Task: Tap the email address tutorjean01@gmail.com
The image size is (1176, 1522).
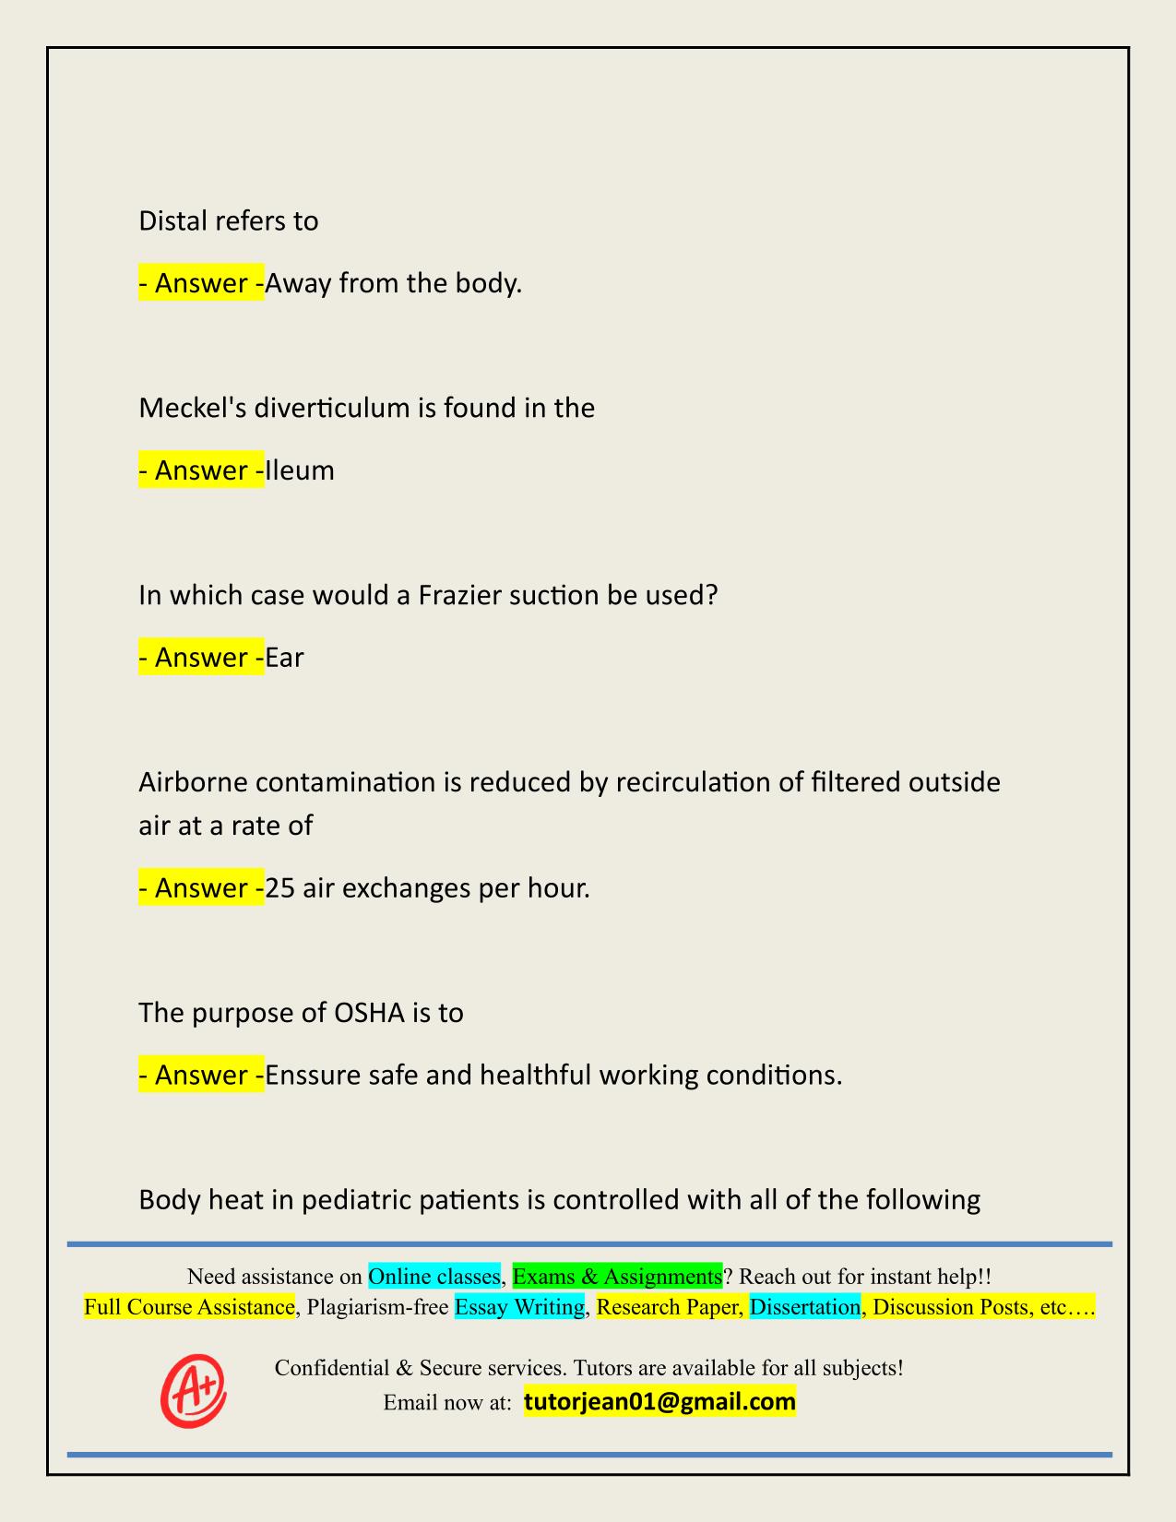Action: tap(659, 1402)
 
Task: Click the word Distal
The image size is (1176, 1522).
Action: tap(172, 221)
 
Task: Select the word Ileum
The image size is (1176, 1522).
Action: tap(300, 470)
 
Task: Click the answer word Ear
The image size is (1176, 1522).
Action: tap(284, 658)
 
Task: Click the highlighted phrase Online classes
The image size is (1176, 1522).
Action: tap(434, 1277)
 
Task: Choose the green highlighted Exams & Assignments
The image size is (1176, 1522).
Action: tap(617, 1277)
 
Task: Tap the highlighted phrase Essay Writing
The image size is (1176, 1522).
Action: tap(520, 1307)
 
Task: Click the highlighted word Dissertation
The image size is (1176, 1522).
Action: tap(804, 1307)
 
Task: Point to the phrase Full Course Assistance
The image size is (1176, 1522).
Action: tap(189, 1307)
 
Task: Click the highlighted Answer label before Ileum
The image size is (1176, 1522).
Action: tap(201, 470)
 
